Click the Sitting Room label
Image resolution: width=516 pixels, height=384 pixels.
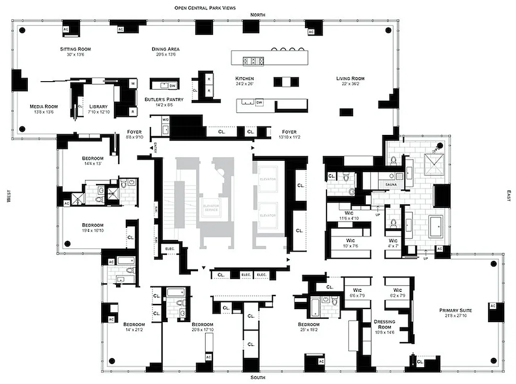click(75, 49)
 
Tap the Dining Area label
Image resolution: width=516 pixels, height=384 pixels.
click(166, 49)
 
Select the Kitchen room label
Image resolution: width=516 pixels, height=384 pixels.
click(244, 78)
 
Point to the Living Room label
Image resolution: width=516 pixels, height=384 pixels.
click(350, 78)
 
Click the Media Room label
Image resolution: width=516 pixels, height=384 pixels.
click(44, 107)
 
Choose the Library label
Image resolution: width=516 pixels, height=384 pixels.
click(99, 107)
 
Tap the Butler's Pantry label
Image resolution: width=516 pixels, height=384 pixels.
click(158, 100)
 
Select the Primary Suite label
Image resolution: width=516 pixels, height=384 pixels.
click(456, 311)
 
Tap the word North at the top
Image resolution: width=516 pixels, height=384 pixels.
click(257, 15)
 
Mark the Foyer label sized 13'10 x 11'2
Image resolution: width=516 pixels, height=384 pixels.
click(289, 132)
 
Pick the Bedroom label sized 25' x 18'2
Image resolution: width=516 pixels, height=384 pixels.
click(308, 324)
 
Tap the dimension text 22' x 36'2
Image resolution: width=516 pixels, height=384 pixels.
click(350, 84)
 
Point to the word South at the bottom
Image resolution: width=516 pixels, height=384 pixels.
click(257, 378)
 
